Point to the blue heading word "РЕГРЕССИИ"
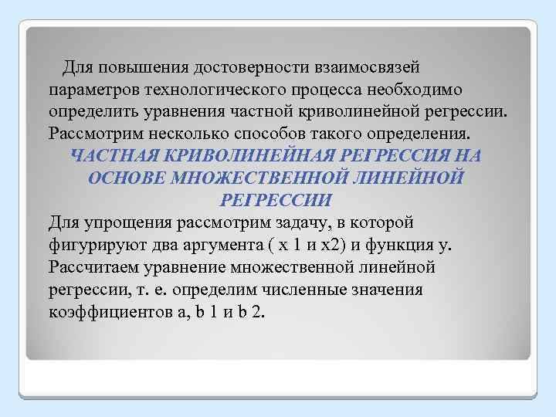[x=275, y=200]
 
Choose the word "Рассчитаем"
[x=94, y=267]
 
